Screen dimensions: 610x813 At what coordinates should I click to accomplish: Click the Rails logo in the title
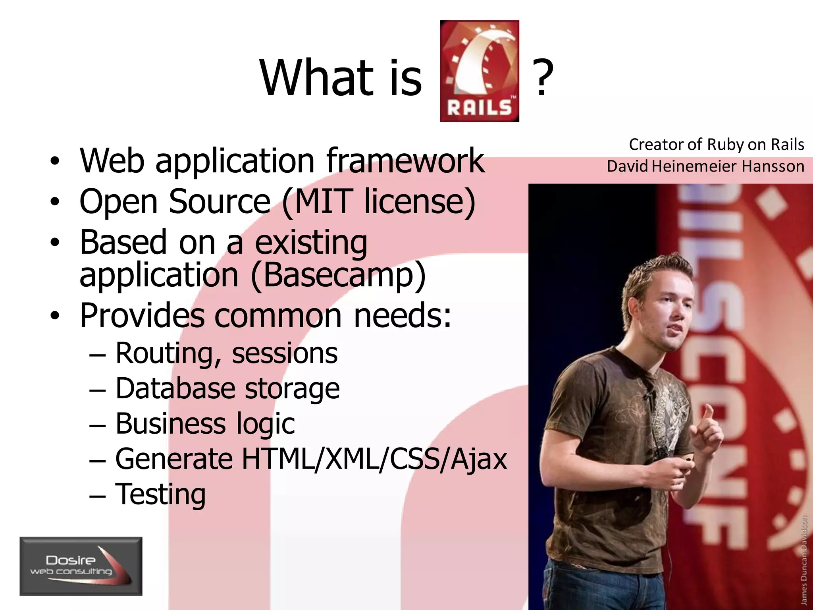(480, 71)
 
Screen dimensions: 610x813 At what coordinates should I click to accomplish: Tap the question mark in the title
(542, 78)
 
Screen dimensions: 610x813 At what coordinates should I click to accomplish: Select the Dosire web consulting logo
(81, 566)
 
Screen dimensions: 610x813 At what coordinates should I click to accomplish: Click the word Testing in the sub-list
(160, 494)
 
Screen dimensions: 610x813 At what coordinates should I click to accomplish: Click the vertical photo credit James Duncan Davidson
(804, 560)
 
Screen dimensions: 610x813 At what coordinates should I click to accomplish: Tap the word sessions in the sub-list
(285, 353)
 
